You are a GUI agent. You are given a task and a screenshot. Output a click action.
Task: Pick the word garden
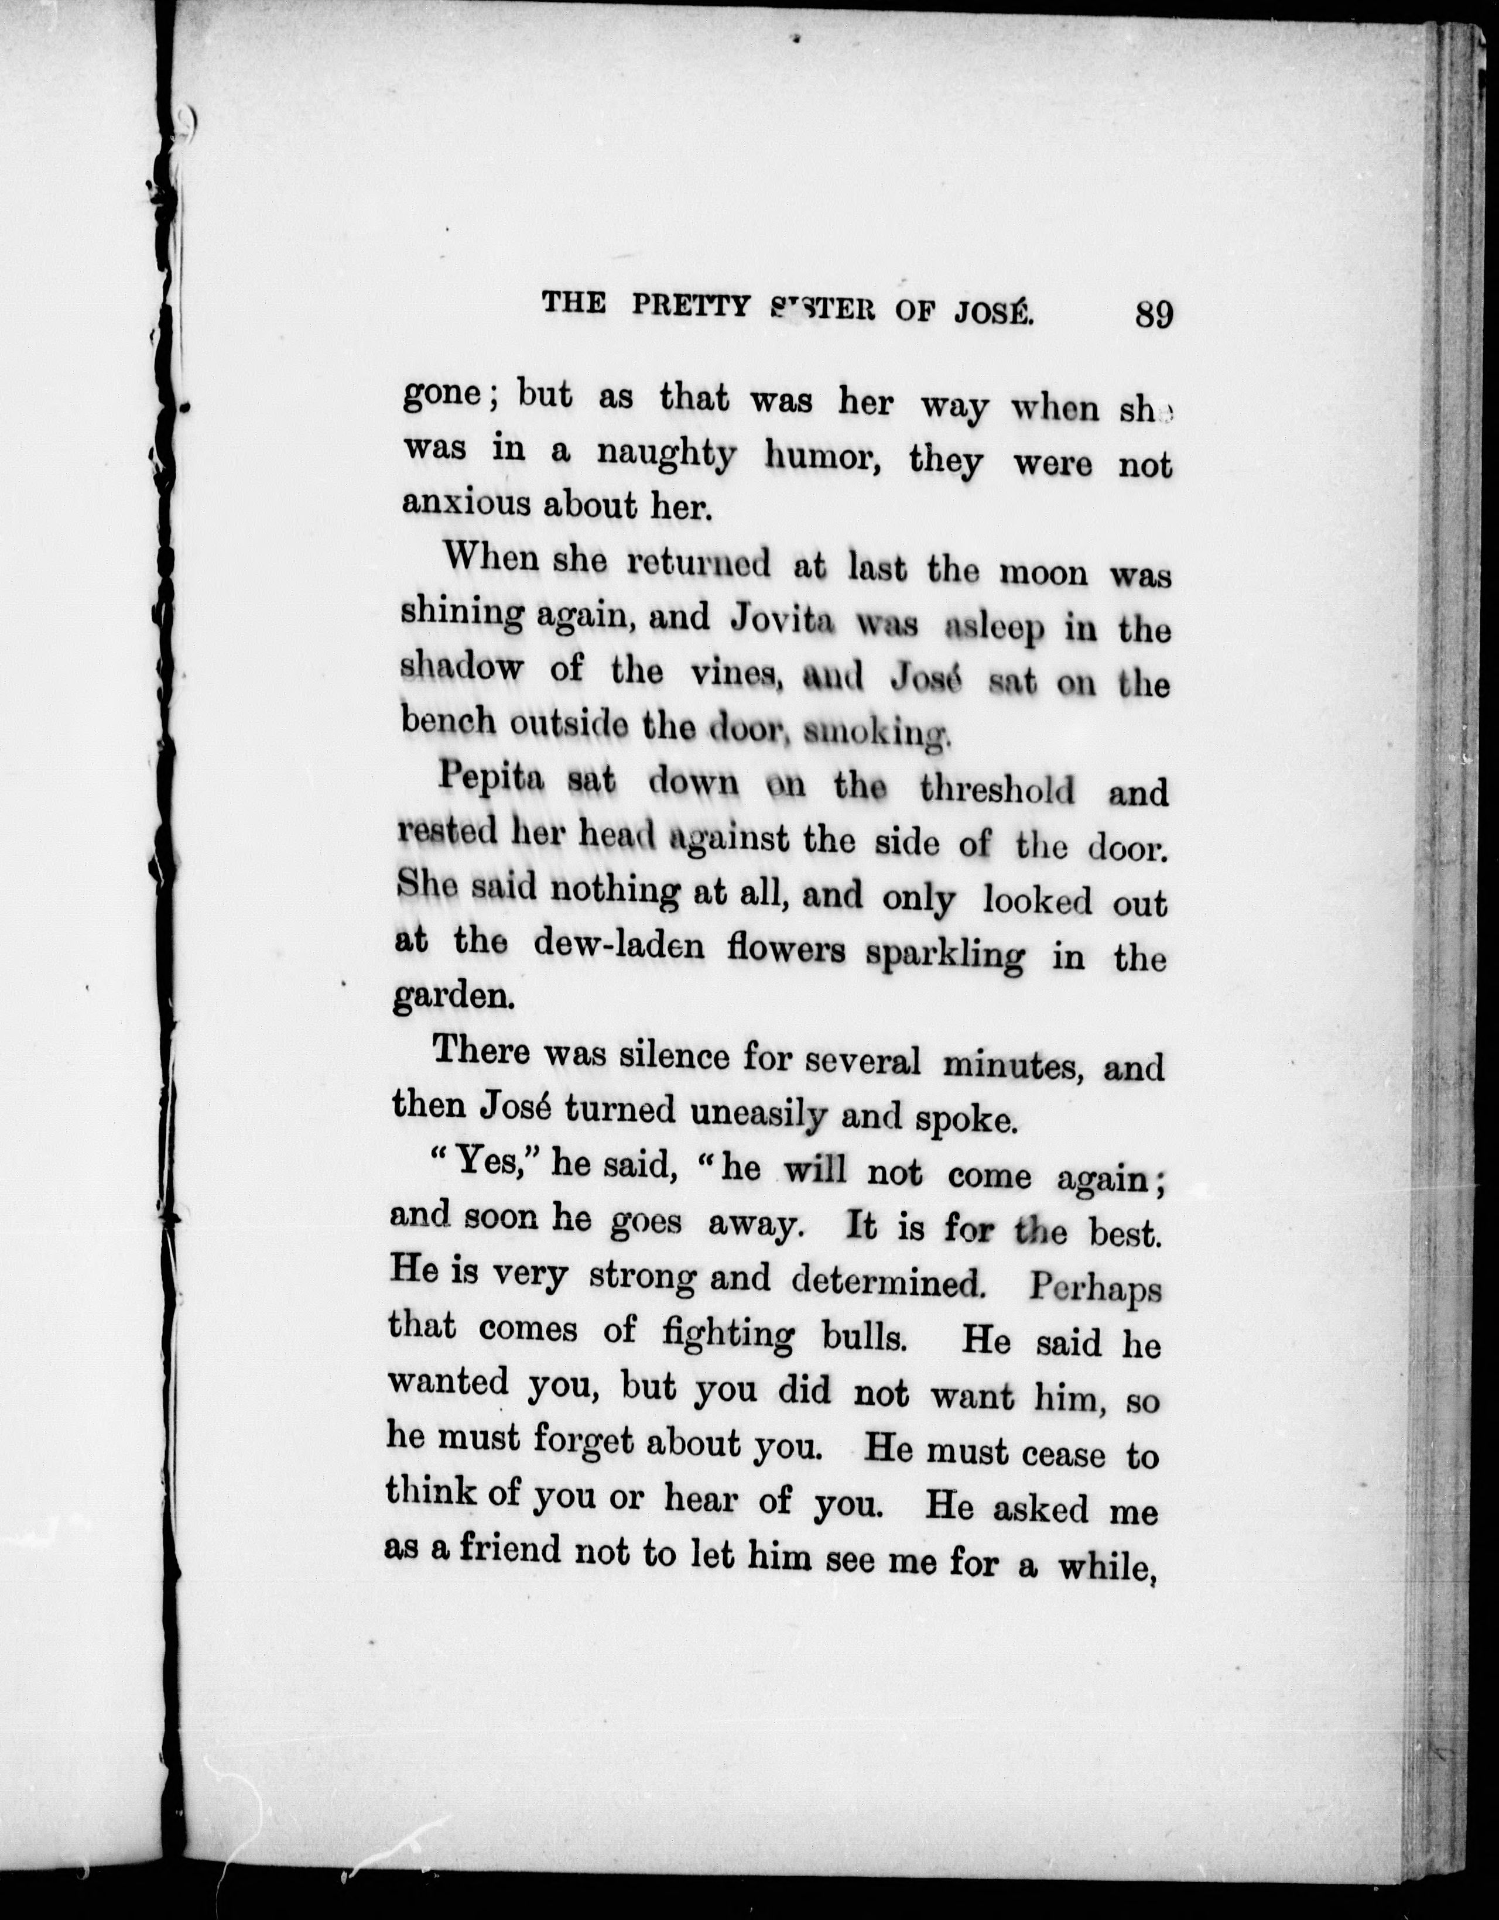(x=453, y=997)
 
